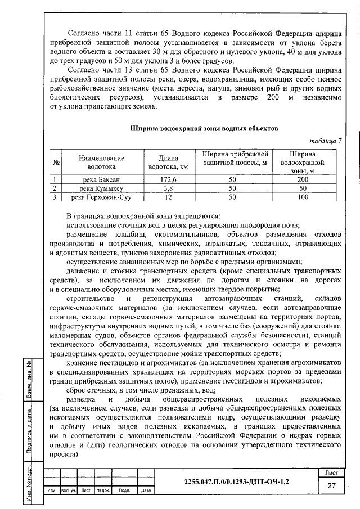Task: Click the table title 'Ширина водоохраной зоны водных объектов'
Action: point(204,128)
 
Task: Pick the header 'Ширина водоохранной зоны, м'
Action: point(303,162)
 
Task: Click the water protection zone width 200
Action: point(303,179)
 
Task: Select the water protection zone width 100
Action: point(303,197)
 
